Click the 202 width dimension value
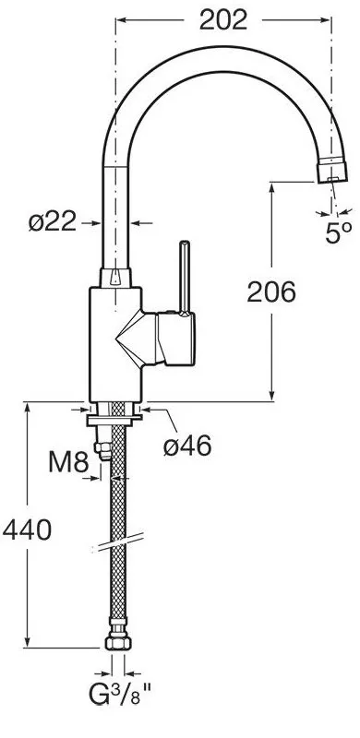(222, 20)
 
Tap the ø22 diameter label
(53, 221)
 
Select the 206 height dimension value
(271, 292)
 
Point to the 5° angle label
(339, 232)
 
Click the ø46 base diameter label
(187, 446)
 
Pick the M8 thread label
(69, 463)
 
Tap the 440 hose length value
(27, 530)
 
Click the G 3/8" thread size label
(120, 696)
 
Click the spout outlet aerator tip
(332, 172)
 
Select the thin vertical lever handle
(185, 278)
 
